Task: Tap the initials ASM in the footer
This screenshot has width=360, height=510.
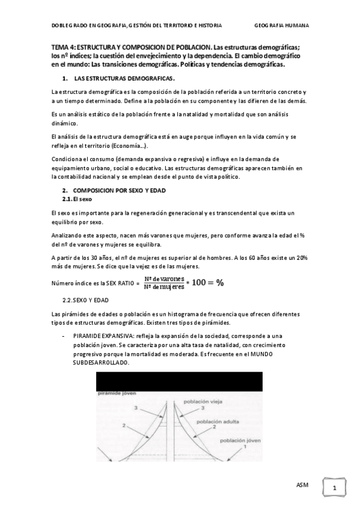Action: pos(304,485)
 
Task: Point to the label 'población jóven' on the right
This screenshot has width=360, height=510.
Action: pos(240,440)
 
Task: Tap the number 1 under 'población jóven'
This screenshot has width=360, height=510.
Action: pos(245,447)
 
